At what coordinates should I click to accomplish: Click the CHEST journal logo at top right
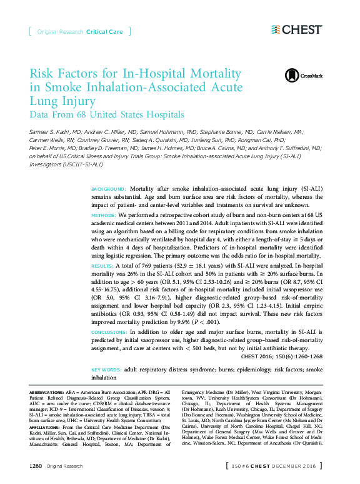click(x=297, y=29)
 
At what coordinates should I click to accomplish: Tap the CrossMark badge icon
click(x=292, y=76)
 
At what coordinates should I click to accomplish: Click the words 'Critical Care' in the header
click(x=104, y=31)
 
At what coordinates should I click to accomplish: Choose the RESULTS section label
click(x=104, y=265)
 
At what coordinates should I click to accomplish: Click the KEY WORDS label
click(x=106, y=370)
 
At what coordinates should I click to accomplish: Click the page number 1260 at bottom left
click(x=36, y=466)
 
